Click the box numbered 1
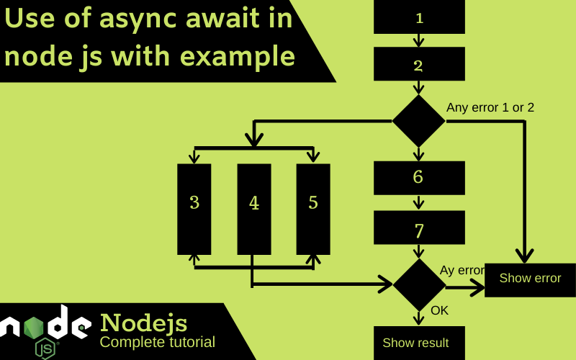(419, 17)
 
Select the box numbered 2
(419, 63)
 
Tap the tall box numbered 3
(194, 209)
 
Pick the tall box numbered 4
(254, 209)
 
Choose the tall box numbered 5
(313, 209)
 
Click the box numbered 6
(419, 178)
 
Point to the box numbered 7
(419, 228)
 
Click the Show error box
(530, 280)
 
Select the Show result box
(419, 343)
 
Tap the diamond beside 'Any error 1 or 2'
(419, 121)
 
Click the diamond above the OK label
(419, 284)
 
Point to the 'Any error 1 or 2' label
(490, 107)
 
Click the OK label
(439, 310)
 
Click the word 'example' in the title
(238, 58)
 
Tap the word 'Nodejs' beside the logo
(143, 323)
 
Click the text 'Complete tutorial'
(157, 342)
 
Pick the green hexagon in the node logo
(33, 328)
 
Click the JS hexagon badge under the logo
(45, 348)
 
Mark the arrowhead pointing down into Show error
(525, 256)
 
